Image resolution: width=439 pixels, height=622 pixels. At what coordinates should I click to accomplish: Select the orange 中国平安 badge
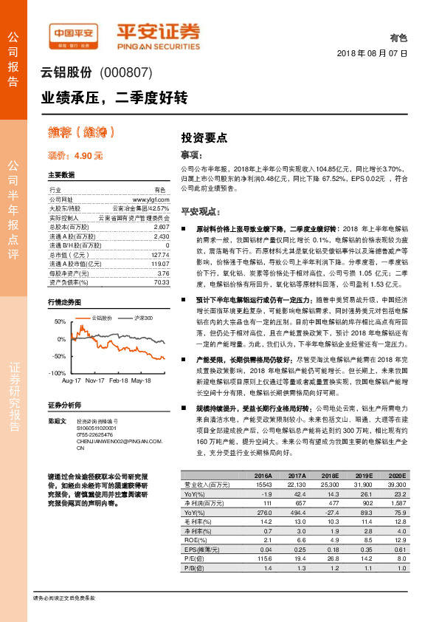point(75,33)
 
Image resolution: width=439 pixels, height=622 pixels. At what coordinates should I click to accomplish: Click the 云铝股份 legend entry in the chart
point(102,318)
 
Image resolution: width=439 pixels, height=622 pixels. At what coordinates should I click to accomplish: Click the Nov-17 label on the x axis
point(94,380)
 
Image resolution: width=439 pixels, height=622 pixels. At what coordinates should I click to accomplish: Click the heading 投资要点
point(204,138)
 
